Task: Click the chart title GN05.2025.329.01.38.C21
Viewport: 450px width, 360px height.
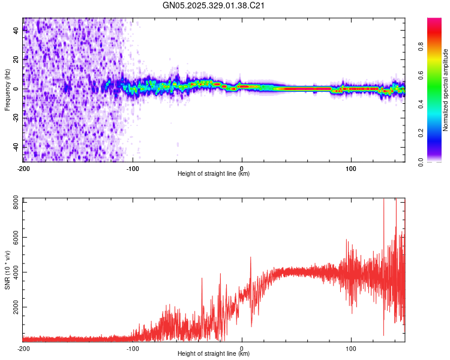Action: (214, 5)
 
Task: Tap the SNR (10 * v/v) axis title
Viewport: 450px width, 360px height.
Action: (7, 269)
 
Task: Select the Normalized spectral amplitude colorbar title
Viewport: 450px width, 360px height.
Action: (445, 91)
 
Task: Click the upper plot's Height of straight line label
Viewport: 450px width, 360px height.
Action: (214, 173)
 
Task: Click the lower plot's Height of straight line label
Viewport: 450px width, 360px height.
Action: (214, 353)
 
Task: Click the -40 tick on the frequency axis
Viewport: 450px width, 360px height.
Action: (16, 146)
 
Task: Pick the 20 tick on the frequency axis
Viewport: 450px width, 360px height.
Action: (16, 59)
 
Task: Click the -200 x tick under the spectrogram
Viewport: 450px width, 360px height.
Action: (23, 167)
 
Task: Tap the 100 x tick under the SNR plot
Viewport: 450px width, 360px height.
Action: (351, 347)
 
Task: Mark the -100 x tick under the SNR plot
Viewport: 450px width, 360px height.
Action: (133, 347)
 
